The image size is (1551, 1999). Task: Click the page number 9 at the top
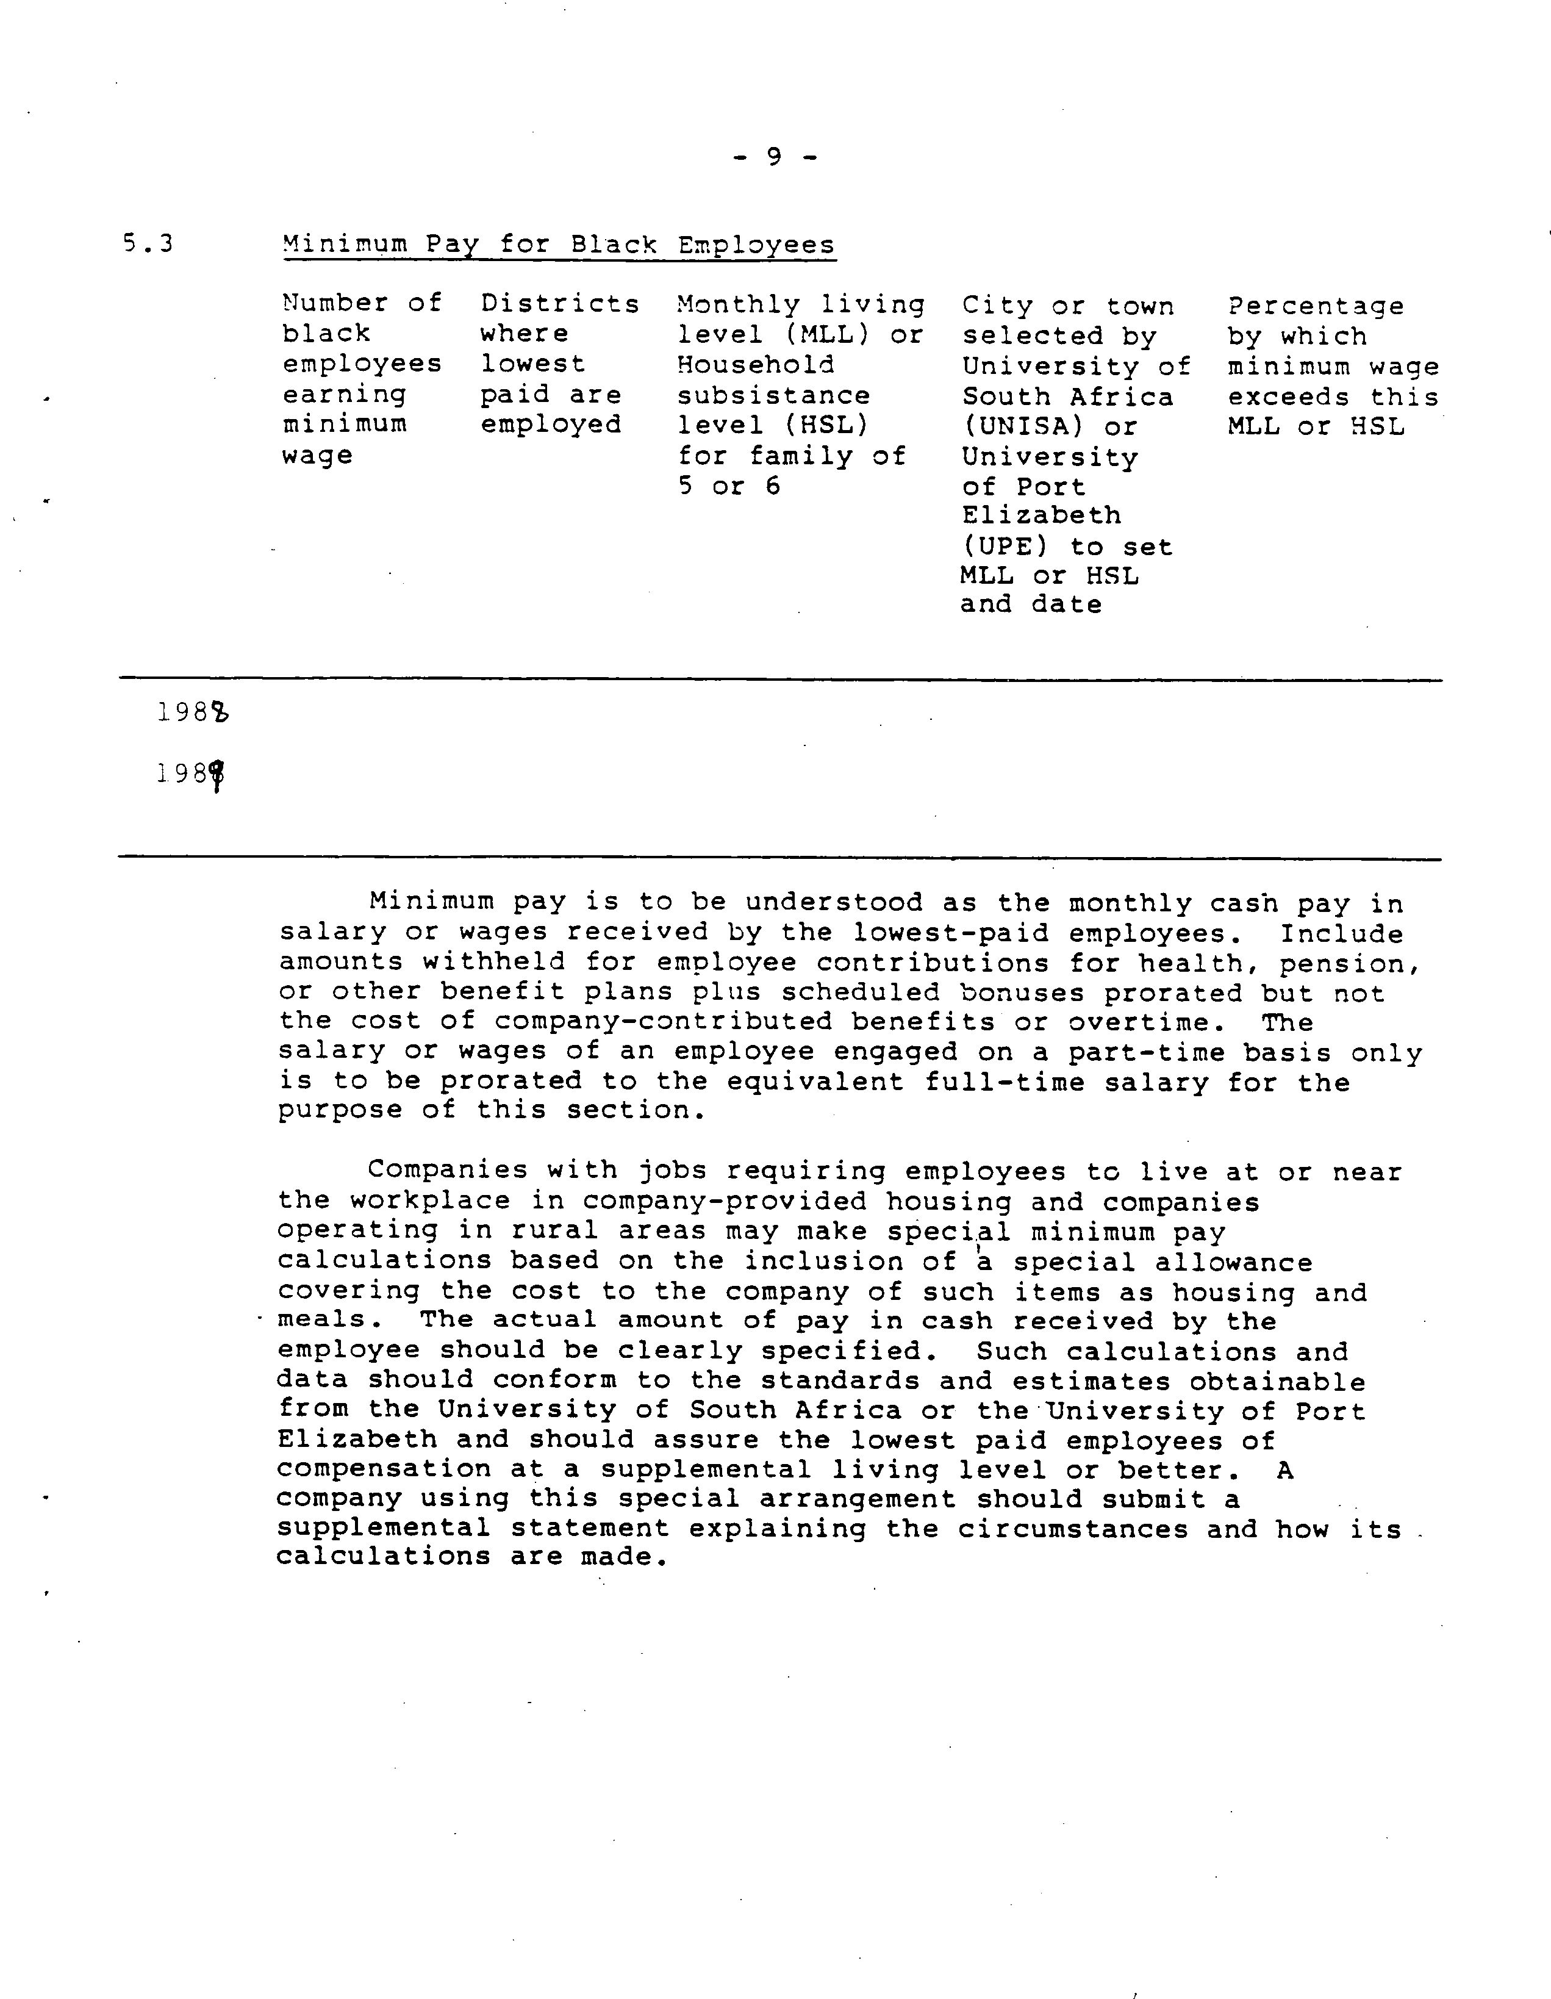774,157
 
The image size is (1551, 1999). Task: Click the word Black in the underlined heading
613,245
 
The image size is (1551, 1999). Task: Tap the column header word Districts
560,304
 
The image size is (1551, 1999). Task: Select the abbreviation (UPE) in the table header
1004,547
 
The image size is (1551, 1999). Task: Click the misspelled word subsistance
774,395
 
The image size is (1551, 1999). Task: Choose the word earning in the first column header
344,395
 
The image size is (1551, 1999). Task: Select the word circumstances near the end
1072,1529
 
